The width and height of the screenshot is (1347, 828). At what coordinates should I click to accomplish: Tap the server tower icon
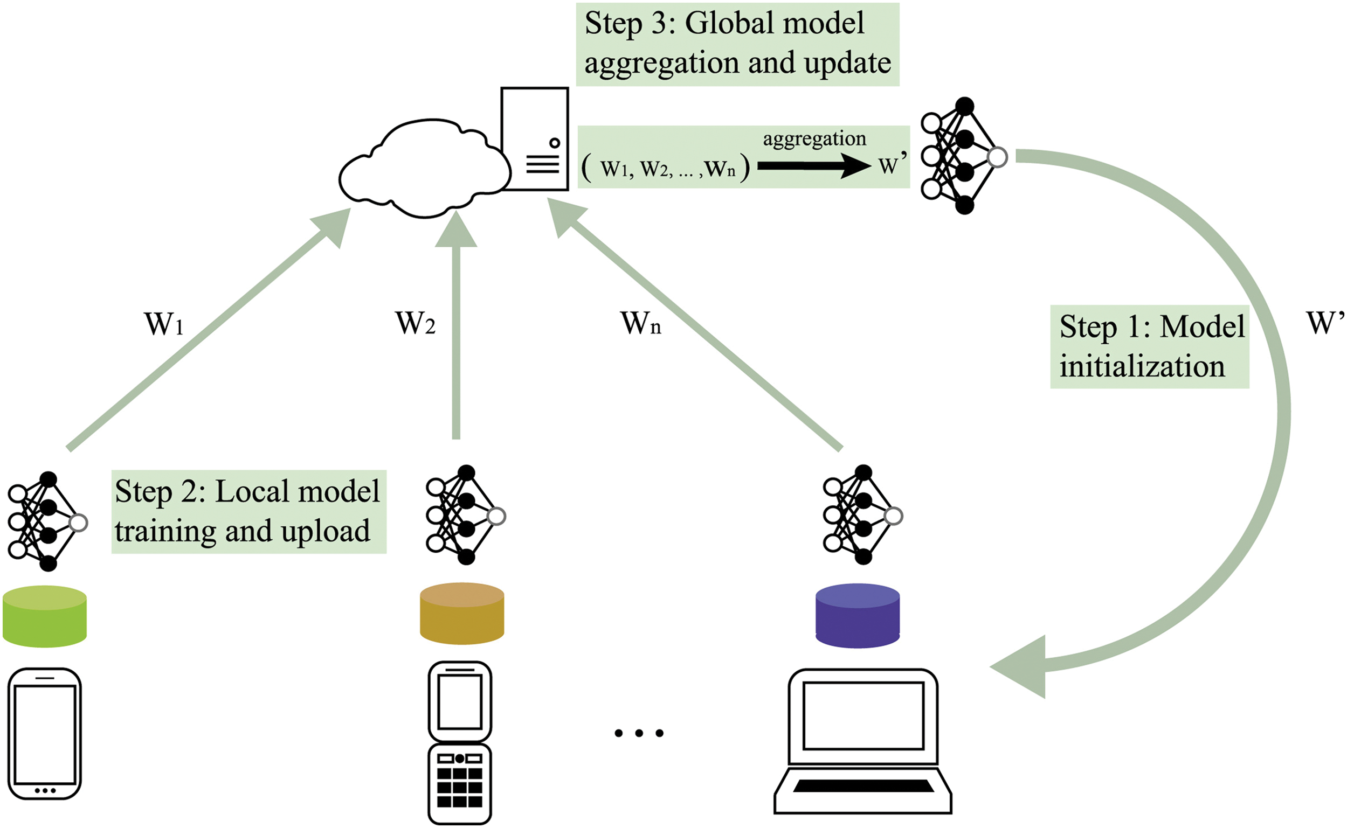coord(535,138)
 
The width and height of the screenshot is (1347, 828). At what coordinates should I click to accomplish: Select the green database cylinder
coord(44,617)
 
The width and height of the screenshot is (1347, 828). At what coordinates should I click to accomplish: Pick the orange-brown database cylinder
coord(462,614)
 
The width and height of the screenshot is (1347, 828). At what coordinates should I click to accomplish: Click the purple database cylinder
coord(857,616)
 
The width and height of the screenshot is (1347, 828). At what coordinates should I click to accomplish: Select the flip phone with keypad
coord(460,742)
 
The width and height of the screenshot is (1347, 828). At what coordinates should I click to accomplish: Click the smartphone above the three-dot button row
coord(45,733)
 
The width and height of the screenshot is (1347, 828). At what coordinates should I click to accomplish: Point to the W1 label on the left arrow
coord(164,324)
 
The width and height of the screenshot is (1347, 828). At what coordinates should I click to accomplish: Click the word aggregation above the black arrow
coord(814,138)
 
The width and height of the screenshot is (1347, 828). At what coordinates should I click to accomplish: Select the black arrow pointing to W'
coord(813,165)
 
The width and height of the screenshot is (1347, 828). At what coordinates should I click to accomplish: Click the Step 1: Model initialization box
coord(1149,346)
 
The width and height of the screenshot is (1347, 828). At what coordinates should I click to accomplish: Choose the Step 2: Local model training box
coord(248,511)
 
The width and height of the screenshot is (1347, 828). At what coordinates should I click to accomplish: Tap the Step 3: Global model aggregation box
coord(737,44)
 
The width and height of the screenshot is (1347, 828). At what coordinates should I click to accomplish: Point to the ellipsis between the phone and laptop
coord(639,733)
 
